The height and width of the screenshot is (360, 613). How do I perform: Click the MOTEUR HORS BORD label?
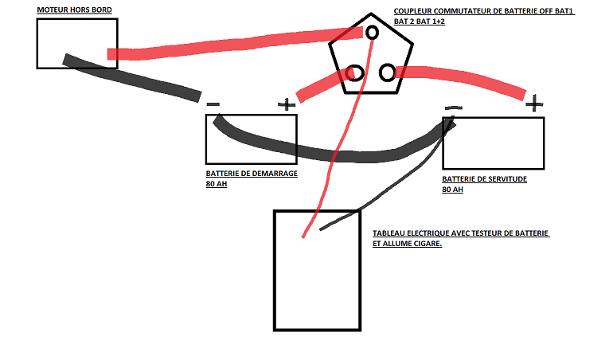pos(74,10)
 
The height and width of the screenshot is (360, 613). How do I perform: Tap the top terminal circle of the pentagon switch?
pos(372,33)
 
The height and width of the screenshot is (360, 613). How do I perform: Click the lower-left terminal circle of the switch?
pos(355,73)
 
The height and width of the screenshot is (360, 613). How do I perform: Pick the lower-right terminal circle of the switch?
pos(387,72)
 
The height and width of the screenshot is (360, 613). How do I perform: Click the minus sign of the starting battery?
pos(213,104)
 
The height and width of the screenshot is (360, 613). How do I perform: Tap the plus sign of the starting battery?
pos(287,104)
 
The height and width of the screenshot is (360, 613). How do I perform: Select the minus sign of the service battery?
pos(454,108)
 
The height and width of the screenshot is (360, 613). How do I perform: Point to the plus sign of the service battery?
pos(534,104)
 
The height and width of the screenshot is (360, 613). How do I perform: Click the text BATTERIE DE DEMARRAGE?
pos(252,174)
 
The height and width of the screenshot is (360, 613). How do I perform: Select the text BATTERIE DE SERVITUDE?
pos(484,179)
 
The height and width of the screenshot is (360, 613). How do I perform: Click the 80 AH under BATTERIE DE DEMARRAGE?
pos(217,184)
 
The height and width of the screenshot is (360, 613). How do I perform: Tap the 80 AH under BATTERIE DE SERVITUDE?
pos(452,190)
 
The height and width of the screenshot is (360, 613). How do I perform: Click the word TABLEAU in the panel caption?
pos(388,233)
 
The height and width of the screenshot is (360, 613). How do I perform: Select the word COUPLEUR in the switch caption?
pos(412,11)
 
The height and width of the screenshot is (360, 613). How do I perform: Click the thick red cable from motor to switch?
pos(235,45)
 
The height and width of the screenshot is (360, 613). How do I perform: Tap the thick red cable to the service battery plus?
pos(461,77)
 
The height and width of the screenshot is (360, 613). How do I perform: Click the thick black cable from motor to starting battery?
pos(132,78)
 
